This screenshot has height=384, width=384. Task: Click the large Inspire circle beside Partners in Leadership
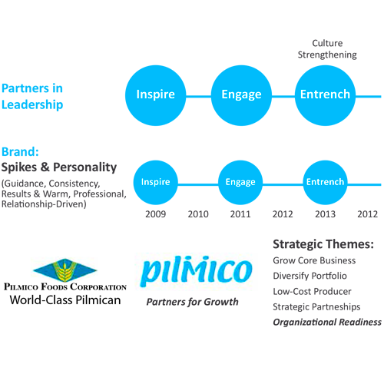click(156, 95)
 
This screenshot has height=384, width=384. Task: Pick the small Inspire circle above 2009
click(156, 183)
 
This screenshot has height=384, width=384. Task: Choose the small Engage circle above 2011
click(240, 183)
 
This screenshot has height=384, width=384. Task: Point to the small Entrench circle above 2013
click(325, 183)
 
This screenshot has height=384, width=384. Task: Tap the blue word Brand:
click(21, 152)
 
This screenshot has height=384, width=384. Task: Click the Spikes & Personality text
click(59, 167)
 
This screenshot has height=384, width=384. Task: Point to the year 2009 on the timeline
click(156, 214)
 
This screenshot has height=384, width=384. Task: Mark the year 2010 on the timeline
click(198, 214)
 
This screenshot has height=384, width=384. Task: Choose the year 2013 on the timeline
click(325, 214)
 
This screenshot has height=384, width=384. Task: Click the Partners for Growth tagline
click(192, 302)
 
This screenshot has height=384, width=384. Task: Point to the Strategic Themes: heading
click(323, 245)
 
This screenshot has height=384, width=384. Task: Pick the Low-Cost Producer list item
click(312, 291)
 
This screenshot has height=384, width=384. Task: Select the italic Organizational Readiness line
click(327, 322)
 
